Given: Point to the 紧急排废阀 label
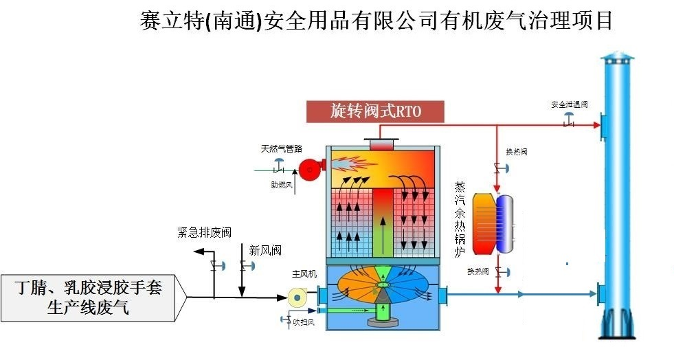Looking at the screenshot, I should [200, 232].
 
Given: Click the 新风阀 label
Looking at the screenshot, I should [265, 251].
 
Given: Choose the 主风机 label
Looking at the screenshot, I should [304, 274].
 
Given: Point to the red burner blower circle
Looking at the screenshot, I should [308, 169].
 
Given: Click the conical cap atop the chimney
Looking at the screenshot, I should [620, 57].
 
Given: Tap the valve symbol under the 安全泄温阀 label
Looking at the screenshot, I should [569, 124].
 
